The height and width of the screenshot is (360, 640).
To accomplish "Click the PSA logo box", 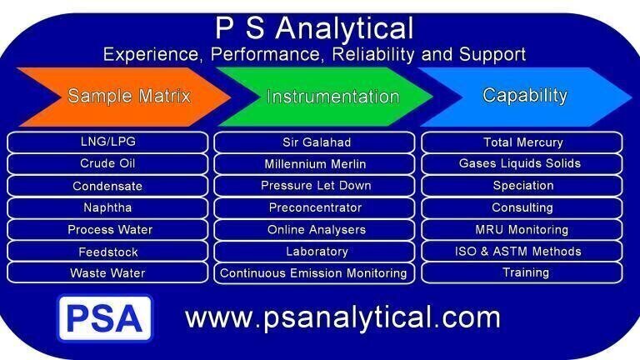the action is click(105, 318).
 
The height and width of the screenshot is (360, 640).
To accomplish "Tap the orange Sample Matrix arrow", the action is click(124, 97).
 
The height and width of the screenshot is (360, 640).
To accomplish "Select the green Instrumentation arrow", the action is click(325, 97).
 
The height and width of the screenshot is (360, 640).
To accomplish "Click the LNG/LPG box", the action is click(107, 142).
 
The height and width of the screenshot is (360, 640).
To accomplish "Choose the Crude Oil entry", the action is click(107, 163).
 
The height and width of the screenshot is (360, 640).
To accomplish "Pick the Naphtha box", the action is click(107, 207).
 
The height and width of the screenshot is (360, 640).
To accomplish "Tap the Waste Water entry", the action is click(107, 272).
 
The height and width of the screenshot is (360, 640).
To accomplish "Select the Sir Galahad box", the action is click(315, 142).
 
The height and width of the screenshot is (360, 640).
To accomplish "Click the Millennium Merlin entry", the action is click(315, 164).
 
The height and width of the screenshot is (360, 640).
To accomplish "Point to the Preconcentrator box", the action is click(315, 207).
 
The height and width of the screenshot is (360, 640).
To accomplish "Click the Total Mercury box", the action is click(522, 142).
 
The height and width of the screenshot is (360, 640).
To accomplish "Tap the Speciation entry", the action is click(522, 186).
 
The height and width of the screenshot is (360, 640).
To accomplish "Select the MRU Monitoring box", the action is click(522, 229).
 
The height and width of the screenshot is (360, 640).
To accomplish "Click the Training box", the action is click(522, 272).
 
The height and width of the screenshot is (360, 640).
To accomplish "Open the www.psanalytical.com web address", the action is click(342, 317).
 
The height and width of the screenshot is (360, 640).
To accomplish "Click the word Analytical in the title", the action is click(344, 28).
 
